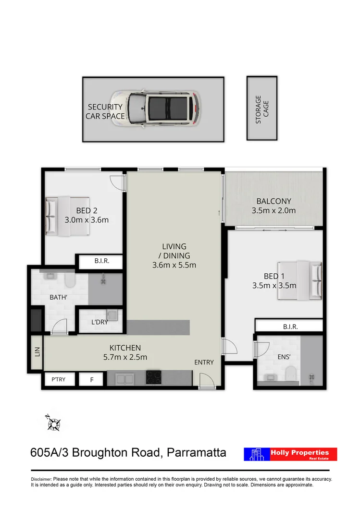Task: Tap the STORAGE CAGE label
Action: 262,109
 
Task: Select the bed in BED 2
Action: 68,216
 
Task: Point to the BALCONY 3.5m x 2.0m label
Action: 273,206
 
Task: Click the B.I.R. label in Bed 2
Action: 101,262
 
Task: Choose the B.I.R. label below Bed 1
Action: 290,327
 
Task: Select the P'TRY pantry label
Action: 58,379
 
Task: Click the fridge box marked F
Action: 92,379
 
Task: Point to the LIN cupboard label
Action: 37,352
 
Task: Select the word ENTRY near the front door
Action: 204,362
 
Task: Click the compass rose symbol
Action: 53,423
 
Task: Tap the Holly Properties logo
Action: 290,454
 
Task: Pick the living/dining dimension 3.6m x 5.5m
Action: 174,265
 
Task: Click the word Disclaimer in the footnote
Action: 41,479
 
